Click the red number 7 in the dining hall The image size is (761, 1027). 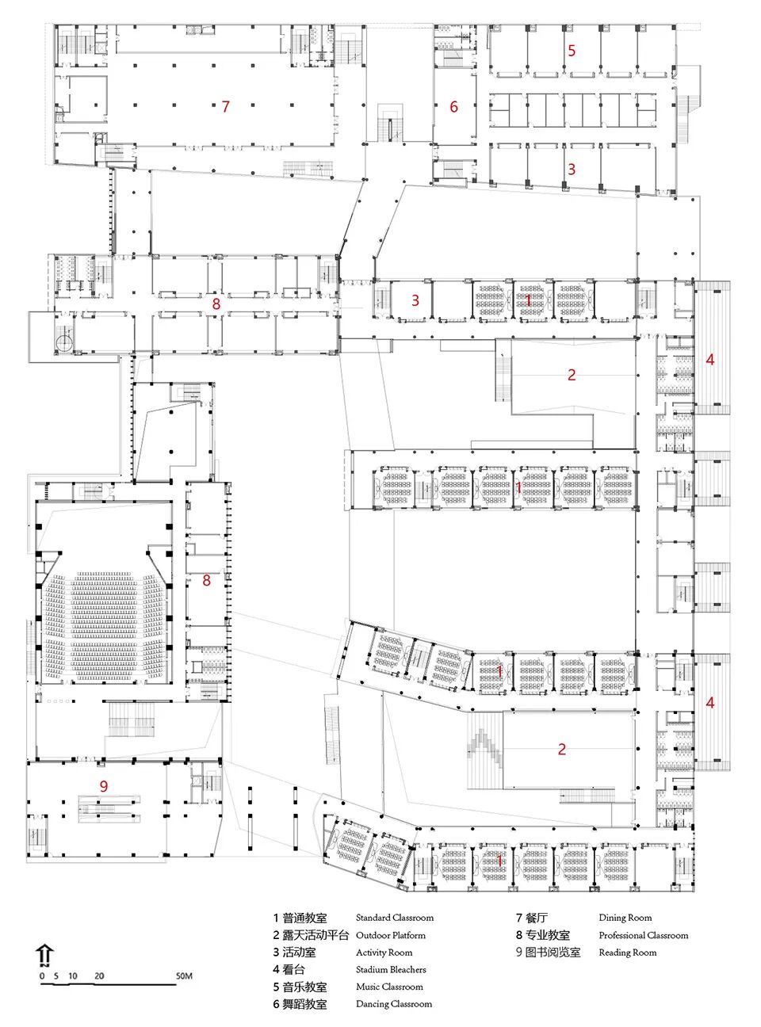(225, 106)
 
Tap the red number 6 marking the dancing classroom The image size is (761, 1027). (453, 107)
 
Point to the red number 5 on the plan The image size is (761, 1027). (572, 51)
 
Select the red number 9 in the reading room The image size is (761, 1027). (104, 785)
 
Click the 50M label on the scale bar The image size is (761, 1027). (184, 976)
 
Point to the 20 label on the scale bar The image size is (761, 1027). (99, 976)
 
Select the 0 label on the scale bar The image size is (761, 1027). (42, 976)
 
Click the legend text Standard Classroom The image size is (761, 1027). (395, 918)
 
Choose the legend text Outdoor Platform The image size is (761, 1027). (391, 935)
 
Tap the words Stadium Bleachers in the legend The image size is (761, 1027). (391, 969)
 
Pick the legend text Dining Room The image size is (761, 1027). (625, 918)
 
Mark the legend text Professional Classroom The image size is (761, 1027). (644, 935)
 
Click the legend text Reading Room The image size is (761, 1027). (628, 953)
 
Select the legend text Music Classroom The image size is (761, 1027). (389, 987)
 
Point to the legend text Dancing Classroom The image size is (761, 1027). (394, 1004)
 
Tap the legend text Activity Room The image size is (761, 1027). (384, 953)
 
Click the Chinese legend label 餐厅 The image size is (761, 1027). (537, 918)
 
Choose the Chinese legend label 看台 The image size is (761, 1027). (293, 969)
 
